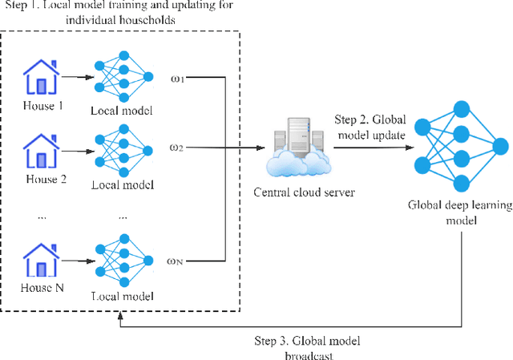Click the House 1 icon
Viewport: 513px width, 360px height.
pos(41,78)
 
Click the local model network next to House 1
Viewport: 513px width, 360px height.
pos(123,78)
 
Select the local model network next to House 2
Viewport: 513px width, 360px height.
pos(123,148)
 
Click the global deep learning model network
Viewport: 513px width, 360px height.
pos(461,144)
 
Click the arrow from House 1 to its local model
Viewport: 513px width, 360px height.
pos(78,78)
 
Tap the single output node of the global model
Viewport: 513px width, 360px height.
pos(501,145)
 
